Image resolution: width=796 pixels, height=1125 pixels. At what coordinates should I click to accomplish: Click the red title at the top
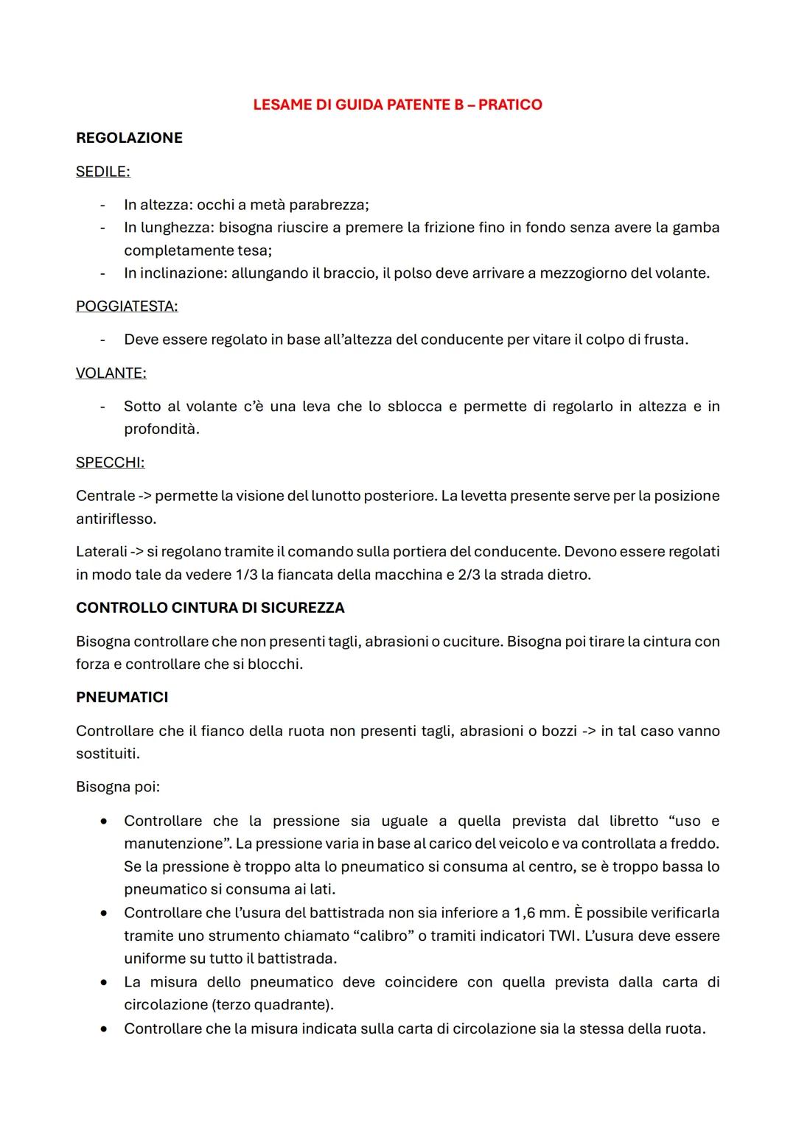click(x=397, y=105)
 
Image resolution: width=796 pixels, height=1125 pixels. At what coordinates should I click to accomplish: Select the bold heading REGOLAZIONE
click(x=129, y=138)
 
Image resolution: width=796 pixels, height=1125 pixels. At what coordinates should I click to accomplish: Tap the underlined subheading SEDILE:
click(x=102, y=172)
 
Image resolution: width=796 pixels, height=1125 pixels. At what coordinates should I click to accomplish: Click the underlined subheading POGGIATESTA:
click(x=127, y=306)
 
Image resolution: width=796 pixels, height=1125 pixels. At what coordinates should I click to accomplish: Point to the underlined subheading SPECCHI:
click(x=110, y=463)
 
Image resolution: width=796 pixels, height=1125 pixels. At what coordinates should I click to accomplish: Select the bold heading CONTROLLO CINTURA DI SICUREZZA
click(x=210, y=608)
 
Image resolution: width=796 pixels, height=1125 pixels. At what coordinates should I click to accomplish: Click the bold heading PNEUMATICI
click(x=122, y=697)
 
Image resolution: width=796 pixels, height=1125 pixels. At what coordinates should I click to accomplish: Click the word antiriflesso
click(x=115, y=519)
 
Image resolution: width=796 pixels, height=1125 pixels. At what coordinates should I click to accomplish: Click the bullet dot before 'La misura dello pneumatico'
click(x=106, y=982)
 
